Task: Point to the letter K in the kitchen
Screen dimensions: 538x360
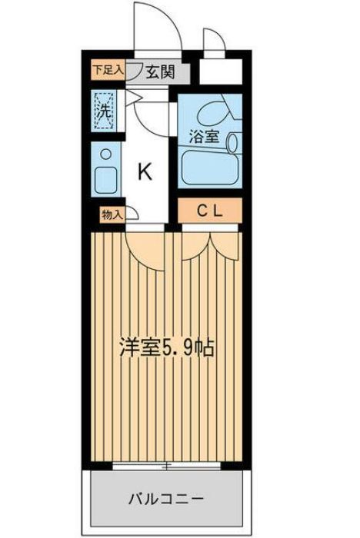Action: tap(144, 171)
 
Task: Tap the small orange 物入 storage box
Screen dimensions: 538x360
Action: tap(112, 214)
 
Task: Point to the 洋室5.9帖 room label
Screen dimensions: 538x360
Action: tap(165, 347)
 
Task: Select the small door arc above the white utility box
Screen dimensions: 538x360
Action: tap(212, 42)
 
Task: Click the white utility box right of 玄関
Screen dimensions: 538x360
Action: tap(221, 73)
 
